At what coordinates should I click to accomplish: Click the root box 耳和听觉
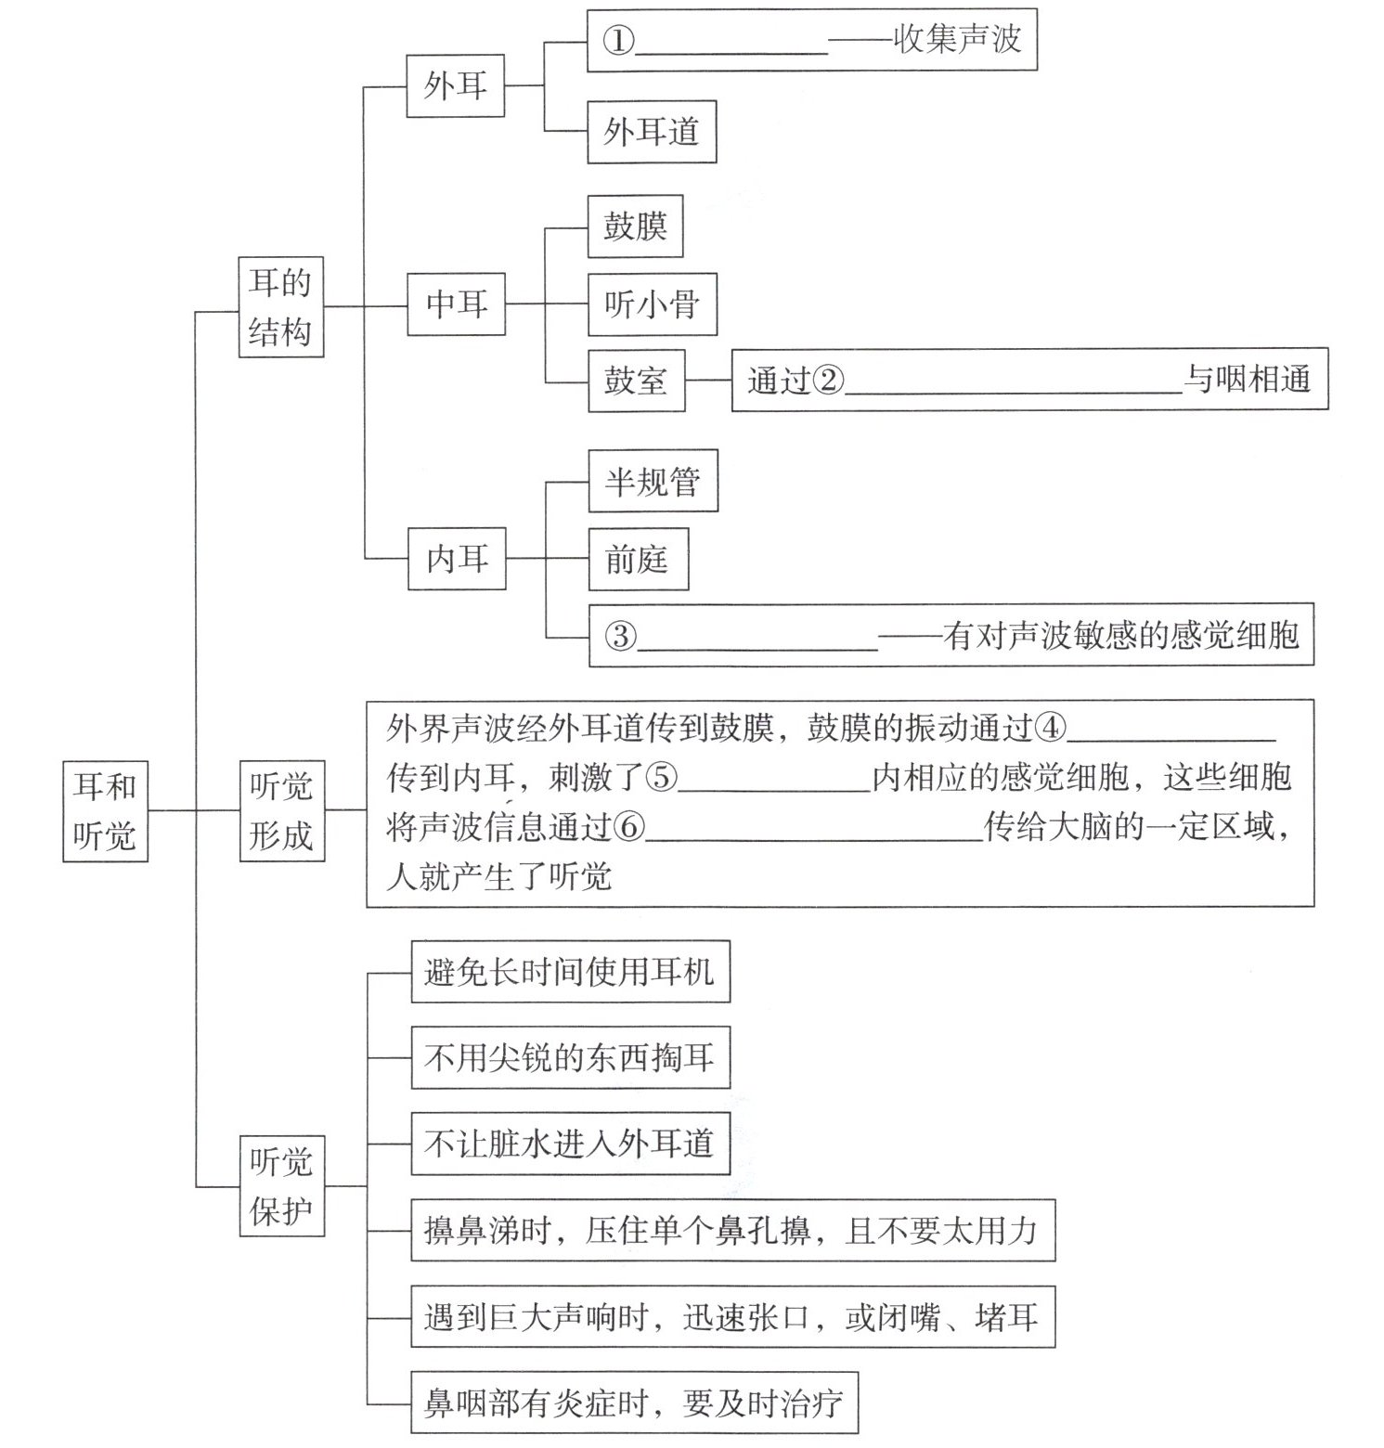click(x=105, y=810)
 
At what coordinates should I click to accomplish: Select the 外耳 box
click(x=455, y=85)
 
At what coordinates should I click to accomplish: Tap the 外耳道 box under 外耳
click(x=651, y=132)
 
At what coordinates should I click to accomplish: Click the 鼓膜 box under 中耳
click(x=635, y=226)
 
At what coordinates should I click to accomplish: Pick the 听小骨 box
click(x=652, y=304)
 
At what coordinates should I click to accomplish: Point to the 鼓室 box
click(x=636, y=381)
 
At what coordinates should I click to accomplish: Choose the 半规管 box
click(x=653, y=481)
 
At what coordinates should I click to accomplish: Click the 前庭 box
click(x=638, y=559)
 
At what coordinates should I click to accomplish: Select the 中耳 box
click(x=457, y=304)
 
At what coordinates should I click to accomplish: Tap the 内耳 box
click(x=457, y=558)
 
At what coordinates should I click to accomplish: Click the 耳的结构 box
click(x=280, y=307)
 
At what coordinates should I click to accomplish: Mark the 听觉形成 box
click(x=281, y=810)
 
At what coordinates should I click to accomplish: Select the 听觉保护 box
click(x=281, y=1185)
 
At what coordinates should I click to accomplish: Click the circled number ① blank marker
click(x=618, y=40)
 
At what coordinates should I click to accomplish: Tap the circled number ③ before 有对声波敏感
click(x=621, y=636)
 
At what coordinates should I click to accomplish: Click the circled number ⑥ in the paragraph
click(x=628, y=827)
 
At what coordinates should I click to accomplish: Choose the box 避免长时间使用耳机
click(x=570, y=972)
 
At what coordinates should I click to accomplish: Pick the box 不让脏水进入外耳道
click(x=569, y=1144)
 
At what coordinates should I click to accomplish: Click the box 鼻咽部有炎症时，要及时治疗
click(x=634, y=1402)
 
